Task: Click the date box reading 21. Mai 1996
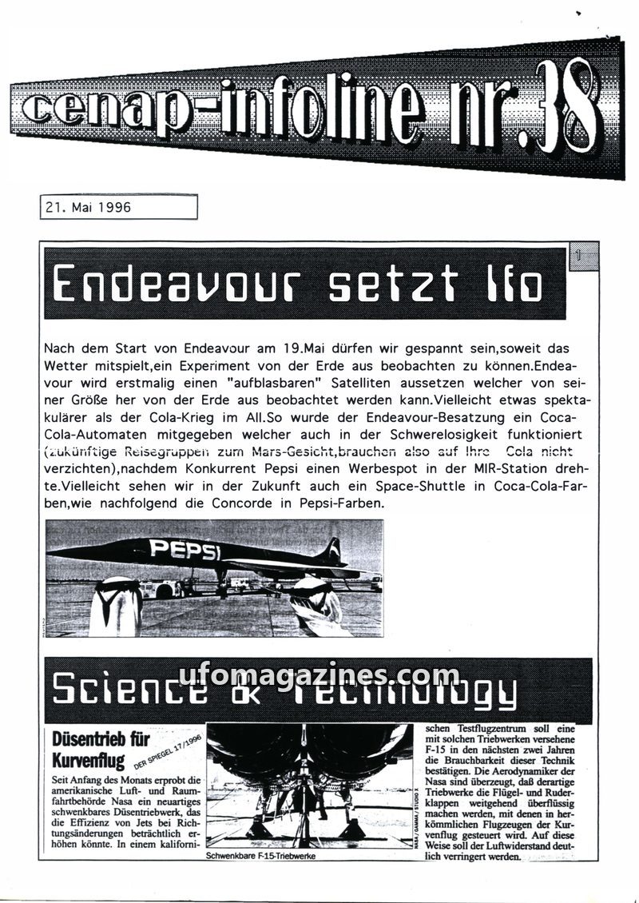117,207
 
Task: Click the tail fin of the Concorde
329,551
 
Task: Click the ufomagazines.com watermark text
319,678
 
